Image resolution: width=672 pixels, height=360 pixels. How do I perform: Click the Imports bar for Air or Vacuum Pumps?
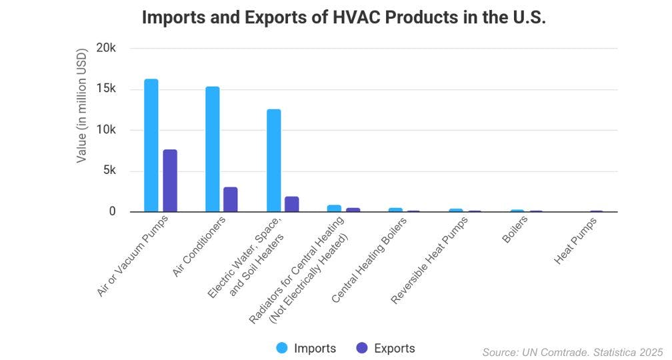pos(151,145)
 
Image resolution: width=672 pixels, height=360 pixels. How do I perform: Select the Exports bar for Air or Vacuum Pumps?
pos(170,181)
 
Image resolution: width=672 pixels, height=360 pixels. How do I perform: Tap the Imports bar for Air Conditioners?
pos(212,149)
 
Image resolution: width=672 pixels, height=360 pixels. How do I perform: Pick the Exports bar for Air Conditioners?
pos(231,199)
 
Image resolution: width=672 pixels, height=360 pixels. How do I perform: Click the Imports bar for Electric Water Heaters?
pos(273,160)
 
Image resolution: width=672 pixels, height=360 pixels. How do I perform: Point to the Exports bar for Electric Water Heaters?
pos(292,204)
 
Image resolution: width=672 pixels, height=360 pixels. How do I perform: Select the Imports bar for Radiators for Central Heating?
pos(334,209)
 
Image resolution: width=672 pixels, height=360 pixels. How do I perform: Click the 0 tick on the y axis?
pos(113,211)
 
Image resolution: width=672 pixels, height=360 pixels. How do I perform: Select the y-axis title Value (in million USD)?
pos(81,105)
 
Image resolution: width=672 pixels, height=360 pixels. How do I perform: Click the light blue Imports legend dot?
pos(282,348)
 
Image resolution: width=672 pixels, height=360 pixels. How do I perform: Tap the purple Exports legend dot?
pos(362,348)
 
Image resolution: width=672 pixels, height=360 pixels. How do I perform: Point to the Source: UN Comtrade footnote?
pos(572,352)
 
